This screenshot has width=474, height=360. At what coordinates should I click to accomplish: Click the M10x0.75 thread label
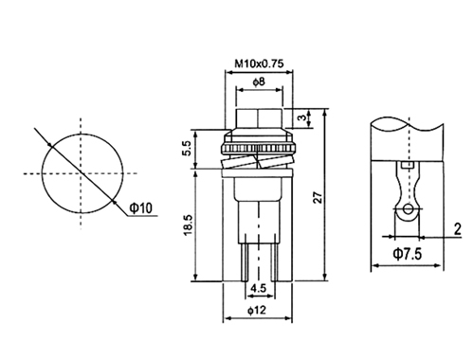pos(259,63)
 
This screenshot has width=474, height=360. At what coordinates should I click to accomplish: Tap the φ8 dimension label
pos(259,82)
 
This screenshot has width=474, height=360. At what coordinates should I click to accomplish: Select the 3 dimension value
pos(302,117)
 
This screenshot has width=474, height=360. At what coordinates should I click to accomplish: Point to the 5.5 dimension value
pos(187,148)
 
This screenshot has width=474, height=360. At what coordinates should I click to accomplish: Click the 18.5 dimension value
pos(188,225)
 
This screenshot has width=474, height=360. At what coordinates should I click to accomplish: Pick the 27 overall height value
pos(319,197)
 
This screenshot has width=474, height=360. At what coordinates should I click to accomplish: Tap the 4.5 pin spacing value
pos(259,288)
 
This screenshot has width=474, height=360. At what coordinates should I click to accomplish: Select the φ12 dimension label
pos(257,311)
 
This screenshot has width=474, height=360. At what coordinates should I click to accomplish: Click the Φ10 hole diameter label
pos(141,208)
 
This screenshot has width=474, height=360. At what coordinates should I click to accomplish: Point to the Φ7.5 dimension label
pos(408,254)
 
